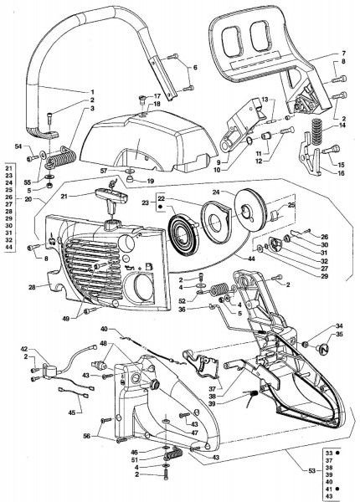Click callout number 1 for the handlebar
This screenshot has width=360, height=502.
coord(92,90)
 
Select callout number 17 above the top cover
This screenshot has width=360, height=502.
coord(157,96)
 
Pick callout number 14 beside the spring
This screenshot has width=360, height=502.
coord(342,126)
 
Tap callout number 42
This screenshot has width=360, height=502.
coord(24,348)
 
